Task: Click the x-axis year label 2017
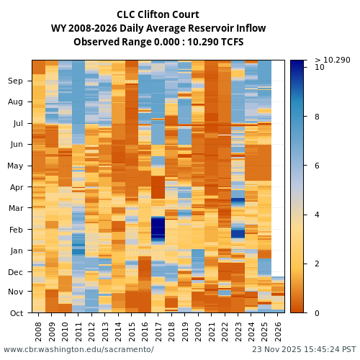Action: click(158, 331)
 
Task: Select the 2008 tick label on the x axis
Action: click(38, 331)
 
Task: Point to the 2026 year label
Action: click(277, 331)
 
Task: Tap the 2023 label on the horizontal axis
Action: click(238, 331)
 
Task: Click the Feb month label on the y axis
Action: click(15, 230)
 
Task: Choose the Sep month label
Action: click(15, 81)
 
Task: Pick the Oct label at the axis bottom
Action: click(15, 313)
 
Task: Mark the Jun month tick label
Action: click(15, 145)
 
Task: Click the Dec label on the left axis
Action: click(15, 272)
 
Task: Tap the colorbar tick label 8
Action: click(318, 116)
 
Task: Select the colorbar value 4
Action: click(318, 215)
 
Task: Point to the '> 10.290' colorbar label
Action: click(332, 60)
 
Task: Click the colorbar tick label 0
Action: click(318, 313)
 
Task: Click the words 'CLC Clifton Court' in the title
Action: click(158, 15)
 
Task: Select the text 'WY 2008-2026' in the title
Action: click(81, 29)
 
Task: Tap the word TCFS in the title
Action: click(230, 42)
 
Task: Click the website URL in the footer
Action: click(78, 350)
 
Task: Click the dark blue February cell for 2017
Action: click(158, 229)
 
